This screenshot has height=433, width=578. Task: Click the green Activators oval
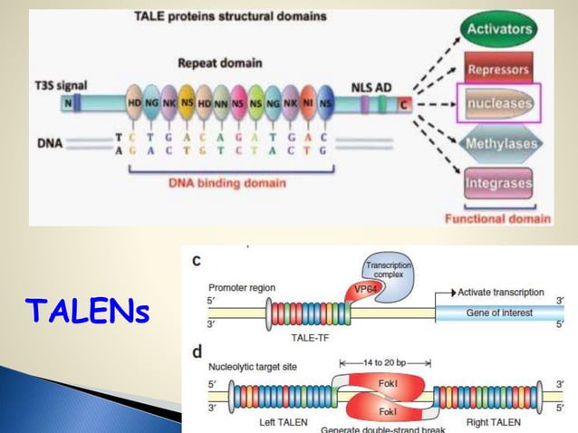point(498,29)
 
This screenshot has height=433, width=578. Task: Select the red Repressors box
point(497,68)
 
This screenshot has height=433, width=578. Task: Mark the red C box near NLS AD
point(404,106)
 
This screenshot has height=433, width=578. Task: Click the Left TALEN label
point(274,423)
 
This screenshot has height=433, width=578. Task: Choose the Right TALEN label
point(494,423)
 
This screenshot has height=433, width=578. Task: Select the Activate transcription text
point(500,293)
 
